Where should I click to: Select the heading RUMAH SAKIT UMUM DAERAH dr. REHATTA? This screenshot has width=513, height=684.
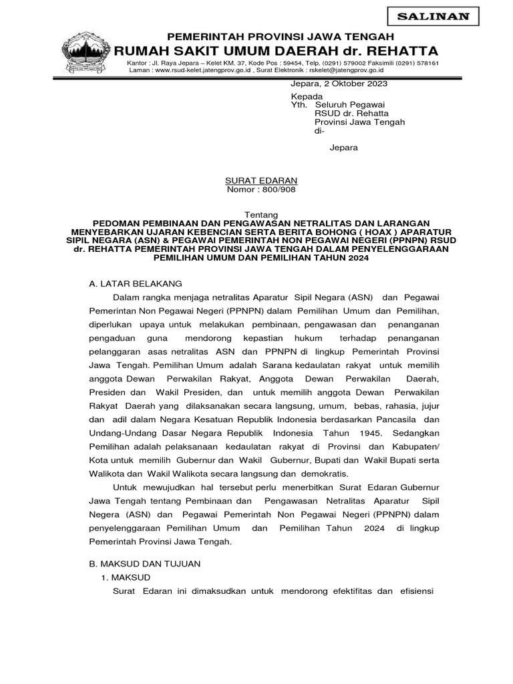pos(277,51)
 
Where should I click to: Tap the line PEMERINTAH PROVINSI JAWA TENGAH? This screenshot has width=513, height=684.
pos(280,36)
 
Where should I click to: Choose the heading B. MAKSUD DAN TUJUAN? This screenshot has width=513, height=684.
pos(145,564)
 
